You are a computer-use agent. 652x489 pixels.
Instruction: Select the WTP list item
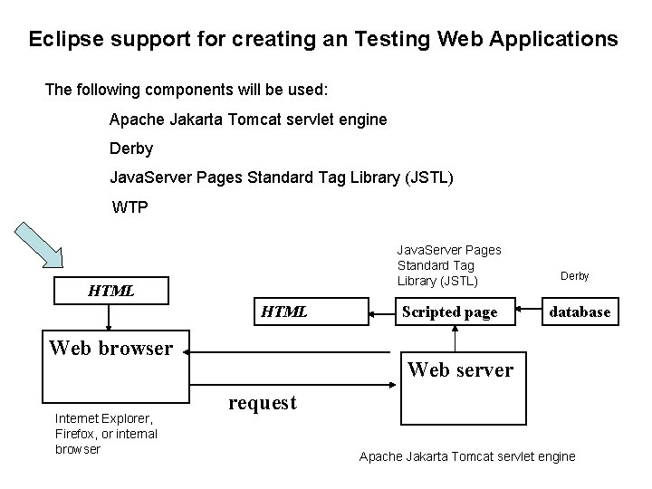point(129,207)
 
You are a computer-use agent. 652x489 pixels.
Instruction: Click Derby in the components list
point(130,148)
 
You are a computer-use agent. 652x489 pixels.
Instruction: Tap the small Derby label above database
point(574,275)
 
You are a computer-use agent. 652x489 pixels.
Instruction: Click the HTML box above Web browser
point(110,291)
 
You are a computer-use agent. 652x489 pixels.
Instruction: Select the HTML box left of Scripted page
point(284,312)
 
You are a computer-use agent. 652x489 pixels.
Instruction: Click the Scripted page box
point(449,312)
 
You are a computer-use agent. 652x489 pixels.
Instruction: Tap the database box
point(580,312)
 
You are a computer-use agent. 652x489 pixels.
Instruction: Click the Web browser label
point(110,348)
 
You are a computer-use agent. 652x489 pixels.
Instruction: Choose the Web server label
point(460,369)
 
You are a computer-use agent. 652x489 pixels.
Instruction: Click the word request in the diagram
point(262,403)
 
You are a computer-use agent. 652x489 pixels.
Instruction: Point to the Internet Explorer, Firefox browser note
point(105,433)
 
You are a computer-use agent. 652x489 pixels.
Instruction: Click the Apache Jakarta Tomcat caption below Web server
point(466,456)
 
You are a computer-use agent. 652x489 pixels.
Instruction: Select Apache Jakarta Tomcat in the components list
point(247,119)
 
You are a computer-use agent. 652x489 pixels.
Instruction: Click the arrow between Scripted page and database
point(529,312)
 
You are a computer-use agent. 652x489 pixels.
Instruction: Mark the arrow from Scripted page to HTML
point(381,312)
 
